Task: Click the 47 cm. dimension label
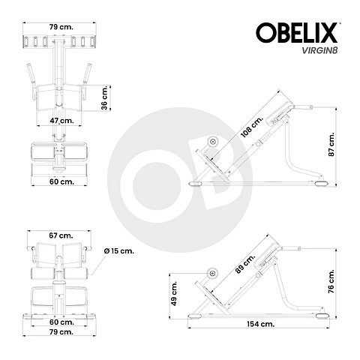pyautogui.click(x=61, y=120)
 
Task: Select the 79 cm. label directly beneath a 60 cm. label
pyautogui.click(x=60, y=331)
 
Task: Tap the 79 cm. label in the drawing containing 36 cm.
pyautogui.click(x=60, y=27)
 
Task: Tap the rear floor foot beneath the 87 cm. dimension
pyautogui.click(x=320, y=181)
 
